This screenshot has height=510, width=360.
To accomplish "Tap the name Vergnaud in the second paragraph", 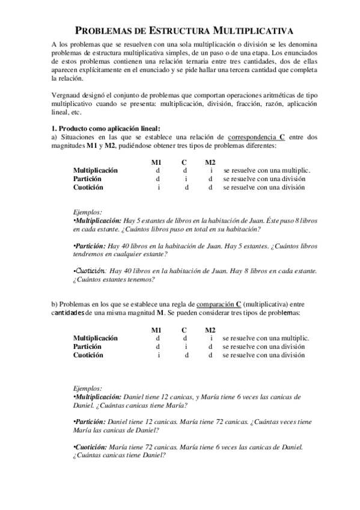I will tap(67, 96).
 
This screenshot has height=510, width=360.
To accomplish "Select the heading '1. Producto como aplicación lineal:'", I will tap(106, 128).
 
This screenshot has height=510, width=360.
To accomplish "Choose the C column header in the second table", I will tap(184, 330).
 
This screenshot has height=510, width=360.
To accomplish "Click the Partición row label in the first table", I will tap(87, 179).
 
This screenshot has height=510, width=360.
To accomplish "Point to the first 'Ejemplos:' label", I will tap(87, 212).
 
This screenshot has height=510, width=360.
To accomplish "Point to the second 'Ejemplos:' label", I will tap(87, 388).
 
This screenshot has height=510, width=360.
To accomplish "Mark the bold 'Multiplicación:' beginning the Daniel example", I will tap(97, 397).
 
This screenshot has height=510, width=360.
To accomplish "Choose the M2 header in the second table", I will tap(210, 330).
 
